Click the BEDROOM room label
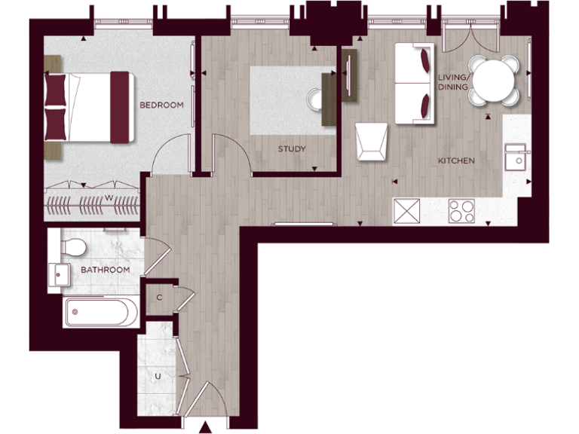(161, 105)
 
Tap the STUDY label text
(292, 149)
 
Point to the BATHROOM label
(105, 270)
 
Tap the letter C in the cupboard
(159, 298)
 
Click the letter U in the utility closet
(158, 375)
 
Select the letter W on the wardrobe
(109, 198)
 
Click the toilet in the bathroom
(74, 246)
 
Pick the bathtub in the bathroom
(101, 312)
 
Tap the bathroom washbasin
(59, 275)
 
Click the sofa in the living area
(414, 84)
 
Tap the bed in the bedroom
(87, 105)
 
